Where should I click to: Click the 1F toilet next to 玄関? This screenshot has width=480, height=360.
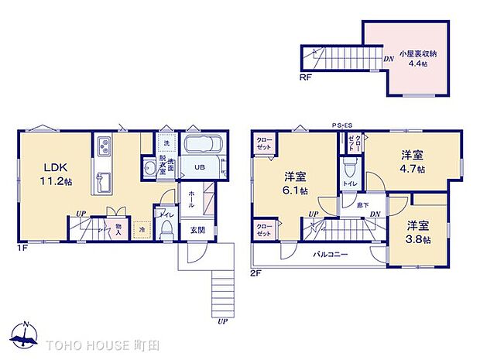point(166,227)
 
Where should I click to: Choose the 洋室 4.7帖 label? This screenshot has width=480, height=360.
point(411,162)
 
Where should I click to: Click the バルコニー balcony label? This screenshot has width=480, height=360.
point(330,255)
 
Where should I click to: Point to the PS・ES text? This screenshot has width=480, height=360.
point(341,125)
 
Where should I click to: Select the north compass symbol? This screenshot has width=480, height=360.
point(26,335)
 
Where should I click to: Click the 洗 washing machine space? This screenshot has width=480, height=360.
point(166,143)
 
